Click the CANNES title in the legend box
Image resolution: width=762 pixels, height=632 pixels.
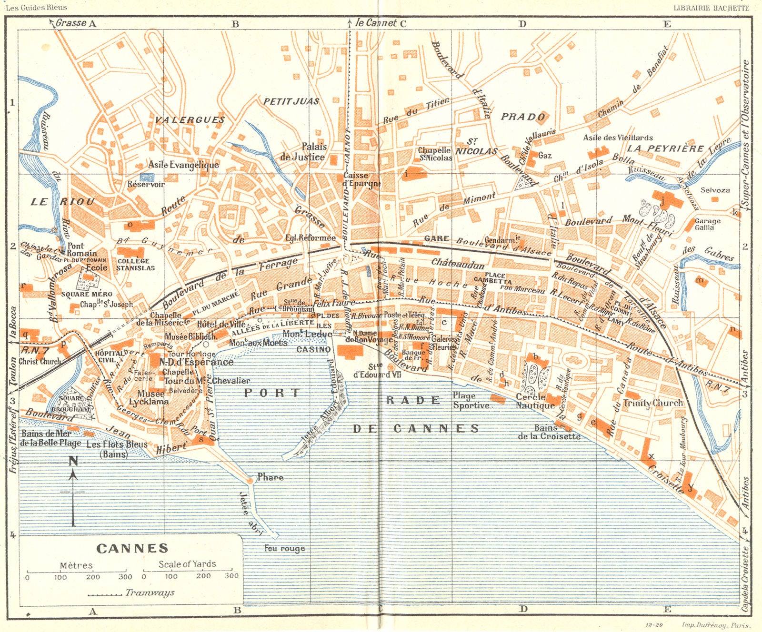click(132, 548)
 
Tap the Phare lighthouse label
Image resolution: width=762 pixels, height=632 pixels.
click(270, 477)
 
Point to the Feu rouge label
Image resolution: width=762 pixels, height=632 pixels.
click(284, 549)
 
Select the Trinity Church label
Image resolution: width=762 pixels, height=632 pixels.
click(652, 403)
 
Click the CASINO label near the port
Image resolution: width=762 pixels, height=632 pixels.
click(313, 349)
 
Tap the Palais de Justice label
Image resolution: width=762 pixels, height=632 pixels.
click(303, 152)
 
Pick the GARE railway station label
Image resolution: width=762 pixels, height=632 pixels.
click(436, 238)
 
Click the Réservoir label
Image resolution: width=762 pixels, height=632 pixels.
click(146, 184)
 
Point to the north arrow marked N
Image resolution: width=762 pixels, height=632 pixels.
click(73, 461)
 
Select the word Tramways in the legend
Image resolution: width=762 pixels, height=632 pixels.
click(150, 593)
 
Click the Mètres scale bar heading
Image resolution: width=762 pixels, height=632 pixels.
click(76, 565)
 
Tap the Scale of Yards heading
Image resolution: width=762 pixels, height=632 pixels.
click(187, 564)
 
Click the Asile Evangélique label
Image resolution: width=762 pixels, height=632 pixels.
click(183, 165)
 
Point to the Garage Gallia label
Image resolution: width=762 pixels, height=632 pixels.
click(707, 224)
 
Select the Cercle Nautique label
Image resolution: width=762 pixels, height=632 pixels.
click(535, 401)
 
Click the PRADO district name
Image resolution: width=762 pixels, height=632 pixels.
click(522, 117)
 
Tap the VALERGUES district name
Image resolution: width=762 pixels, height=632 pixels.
click(189, 119)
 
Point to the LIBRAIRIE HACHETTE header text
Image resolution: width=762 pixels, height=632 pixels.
click(711, 8)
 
